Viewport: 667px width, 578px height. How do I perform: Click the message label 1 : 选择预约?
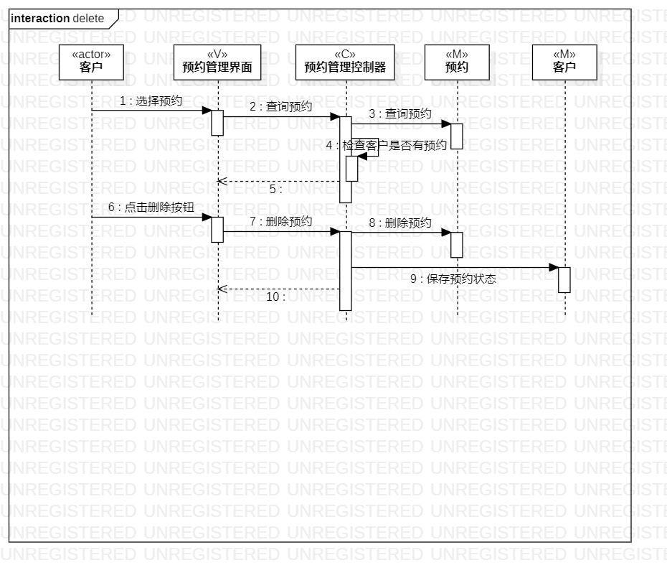click(151, 101)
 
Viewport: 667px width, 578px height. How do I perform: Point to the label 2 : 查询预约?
click(280, 106)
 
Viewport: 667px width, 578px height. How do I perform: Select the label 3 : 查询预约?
click(400, 113)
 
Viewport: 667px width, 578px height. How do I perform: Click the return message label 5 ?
click(276, 190)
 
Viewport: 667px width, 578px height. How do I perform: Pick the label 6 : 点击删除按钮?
click(151, 208)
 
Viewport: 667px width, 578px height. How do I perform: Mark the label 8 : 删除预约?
click(400, 223)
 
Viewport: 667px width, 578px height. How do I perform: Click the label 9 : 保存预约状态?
click(453, 279)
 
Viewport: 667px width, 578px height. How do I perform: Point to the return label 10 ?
click(276, 297)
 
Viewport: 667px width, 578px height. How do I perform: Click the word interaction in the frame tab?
click(40, 18)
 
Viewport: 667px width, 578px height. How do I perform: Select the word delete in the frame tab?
click(88, 18)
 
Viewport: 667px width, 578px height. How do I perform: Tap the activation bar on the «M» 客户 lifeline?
click(564, 279)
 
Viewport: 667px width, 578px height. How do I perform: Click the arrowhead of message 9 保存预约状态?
click(554, 267)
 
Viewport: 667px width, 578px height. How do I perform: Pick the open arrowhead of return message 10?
click(222, 289)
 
